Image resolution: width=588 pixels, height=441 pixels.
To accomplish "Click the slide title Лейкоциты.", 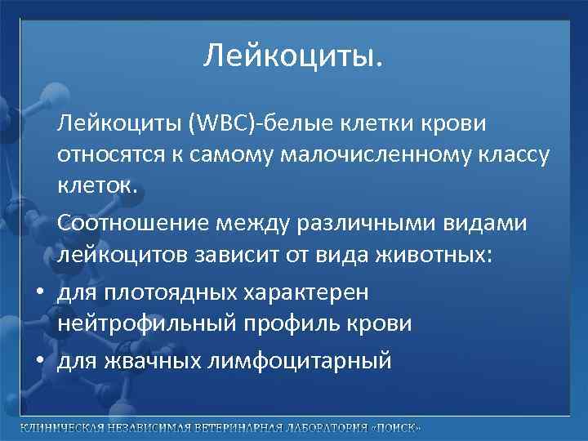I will coord(293,56).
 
